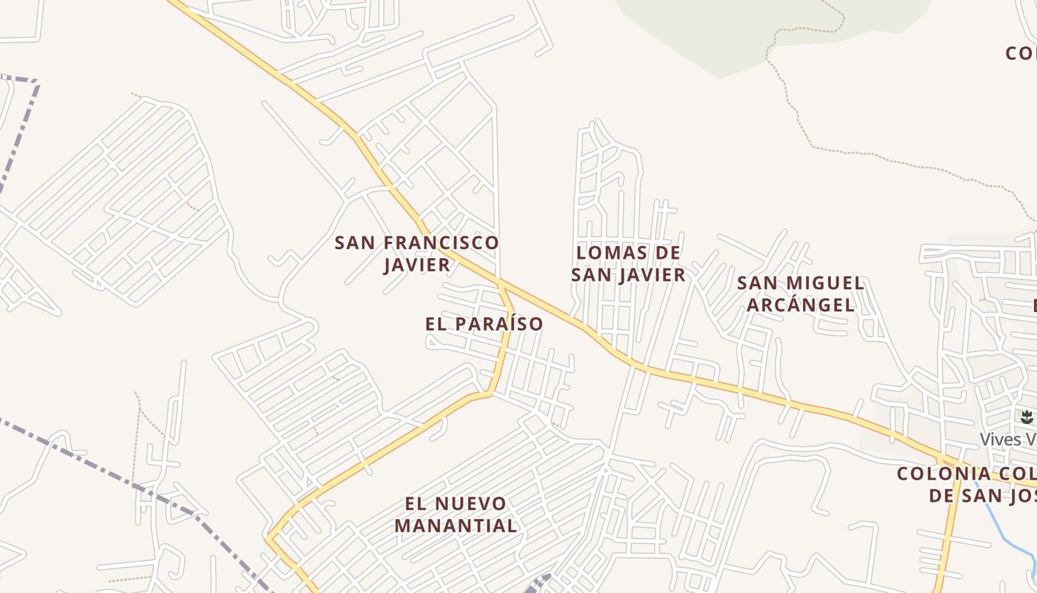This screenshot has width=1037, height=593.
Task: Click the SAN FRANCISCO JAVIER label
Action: coord(416,254)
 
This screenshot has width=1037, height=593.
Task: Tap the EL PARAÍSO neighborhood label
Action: coord(484,324)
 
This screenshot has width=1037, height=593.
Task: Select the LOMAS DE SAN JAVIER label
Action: coord(628,264)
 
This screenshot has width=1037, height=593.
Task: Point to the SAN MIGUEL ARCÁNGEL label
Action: coord(800,294)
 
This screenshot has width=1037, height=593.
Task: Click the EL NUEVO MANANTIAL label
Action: coord(456,514)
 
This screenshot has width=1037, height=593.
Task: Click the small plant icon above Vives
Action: coord(1027,417)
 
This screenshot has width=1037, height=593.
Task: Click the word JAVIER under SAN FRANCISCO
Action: coord(417,265)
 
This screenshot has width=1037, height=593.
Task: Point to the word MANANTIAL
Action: coord(456,526)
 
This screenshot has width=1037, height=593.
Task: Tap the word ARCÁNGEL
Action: coord(800,305)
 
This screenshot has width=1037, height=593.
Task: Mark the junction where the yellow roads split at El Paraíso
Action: coord(501,284)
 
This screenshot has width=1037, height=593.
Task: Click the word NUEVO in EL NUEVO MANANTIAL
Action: coord(471,504)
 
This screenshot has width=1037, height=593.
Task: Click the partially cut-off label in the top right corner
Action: coord(1021,53)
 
